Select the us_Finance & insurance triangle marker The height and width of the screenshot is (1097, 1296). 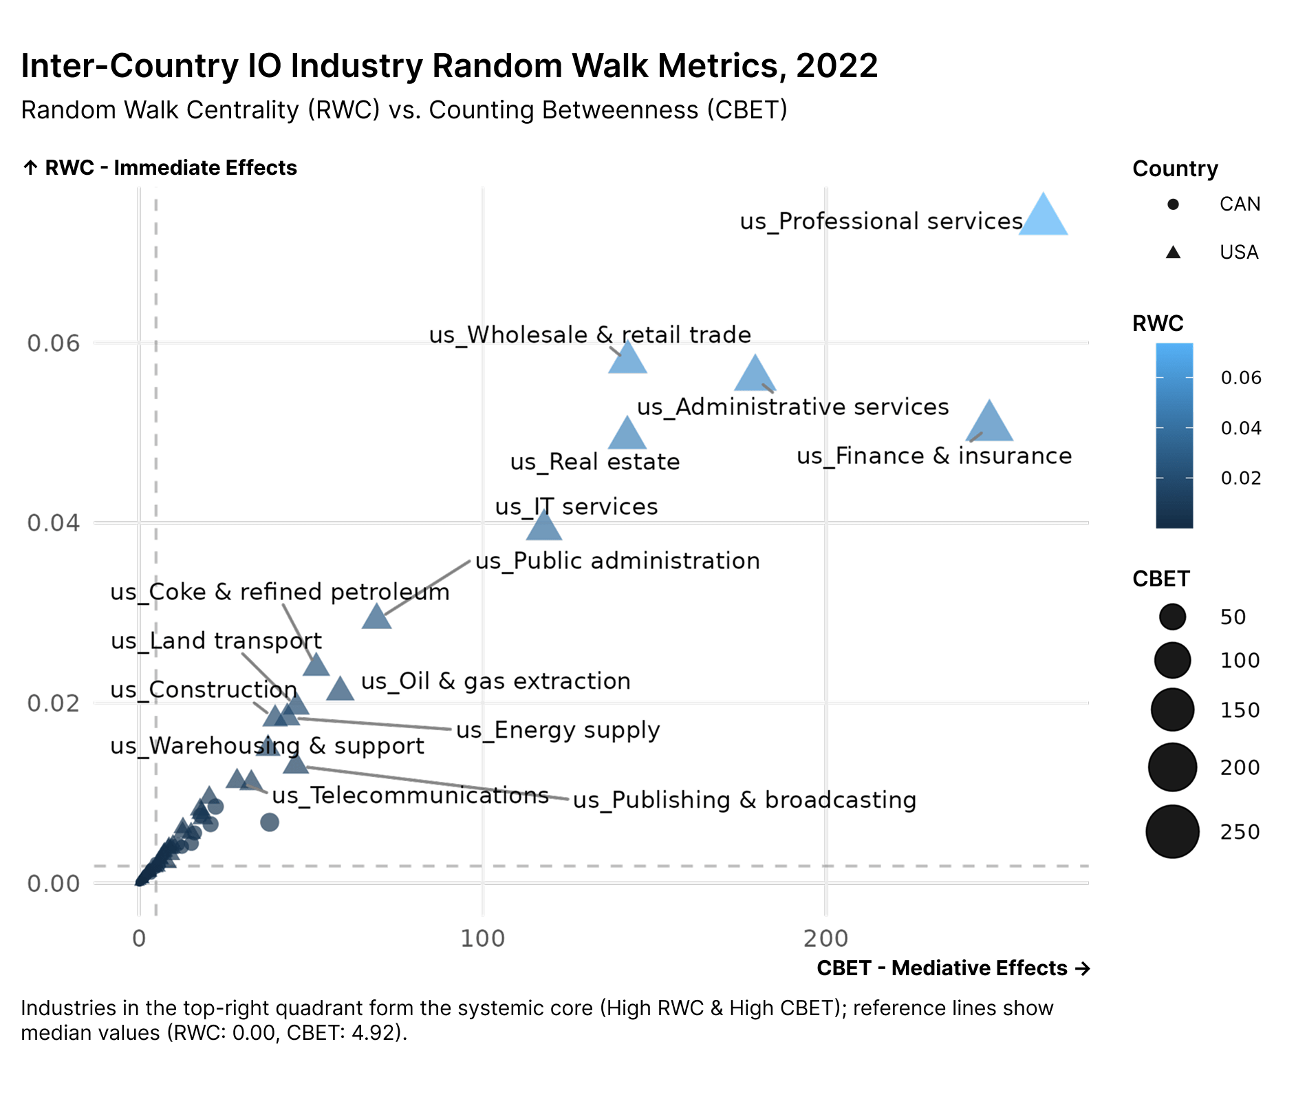point(989,424)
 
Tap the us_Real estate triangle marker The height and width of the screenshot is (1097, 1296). point(627,436)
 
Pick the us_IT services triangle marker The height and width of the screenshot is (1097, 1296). point(544,527)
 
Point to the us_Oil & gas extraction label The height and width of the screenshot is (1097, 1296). point(495,681)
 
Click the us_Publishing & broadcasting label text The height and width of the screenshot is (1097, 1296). point(744,800)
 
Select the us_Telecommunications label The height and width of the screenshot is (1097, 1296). point(410,796)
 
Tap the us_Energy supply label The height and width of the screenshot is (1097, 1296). point(558,730)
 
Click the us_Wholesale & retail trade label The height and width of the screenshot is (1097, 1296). point(590,335)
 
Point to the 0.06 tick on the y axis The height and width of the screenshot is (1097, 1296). point(54,343)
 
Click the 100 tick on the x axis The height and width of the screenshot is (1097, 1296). point(482,938)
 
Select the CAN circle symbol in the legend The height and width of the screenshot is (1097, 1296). point(1174,204)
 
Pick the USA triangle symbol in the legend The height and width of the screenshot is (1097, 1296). point(1174,253)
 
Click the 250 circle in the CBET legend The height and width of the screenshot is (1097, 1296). point(1172,831)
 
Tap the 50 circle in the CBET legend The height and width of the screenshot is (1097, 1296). point(1172,617)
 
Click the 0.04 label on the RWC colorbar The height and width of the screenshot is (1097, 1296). point(1241,428)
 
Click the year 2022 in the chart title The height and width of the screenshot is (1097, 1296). point(836,66)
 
